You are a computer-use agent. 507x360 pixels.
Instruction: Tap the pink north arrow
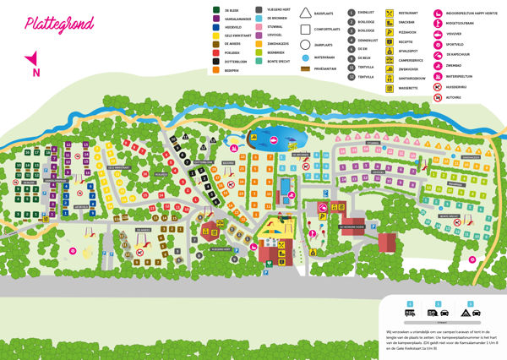33,62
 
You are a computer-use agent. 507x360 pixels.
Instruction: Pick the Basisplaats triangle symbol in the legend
306,14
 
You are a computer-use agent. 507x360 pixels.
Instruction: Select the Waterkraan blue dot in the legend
306,57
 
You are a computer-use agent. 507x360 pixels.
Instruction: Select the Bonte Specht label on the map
449,215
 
